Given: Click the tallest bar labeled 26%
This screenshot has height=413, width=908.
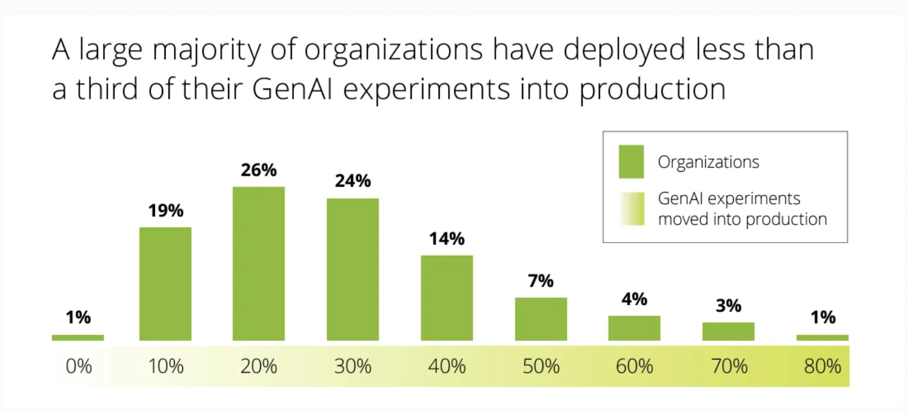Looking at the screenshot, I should click(x=259, y=264).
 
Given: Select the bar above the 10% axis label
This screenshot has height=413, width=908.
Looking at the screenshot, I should click(x=165, y=284).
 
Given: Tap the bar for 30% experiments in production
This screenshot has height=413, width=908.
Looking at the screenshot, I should click(x=353, y=269).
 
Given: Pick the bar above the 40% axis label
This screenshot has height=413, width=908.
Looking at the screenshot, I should click(x=447, y=298).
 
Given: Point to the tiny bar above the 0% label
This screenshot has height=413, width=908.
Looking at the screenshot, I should click(x=77, y=337).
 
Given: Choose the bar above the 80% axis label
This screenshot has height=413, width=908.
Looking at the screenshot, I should click(x=823, y=337).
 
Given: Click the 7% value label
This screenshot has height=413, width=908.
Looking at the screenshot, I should click(x=541, y=281).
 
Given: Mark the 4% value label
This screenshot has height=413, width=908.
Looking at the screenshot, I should click(x=635, y=299).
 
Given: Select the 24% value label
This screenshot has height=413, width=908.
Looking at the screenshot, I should click(x=353, y=181).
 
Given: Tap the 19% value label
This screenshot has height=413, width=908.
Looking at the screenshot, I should click(x=165, y=210).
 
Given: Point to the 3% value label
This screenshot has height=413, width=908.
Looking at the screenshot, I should click(x=729, y=306).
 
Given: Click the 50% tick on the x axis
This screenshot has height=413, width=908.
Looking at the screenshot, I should click(x=541, y=367).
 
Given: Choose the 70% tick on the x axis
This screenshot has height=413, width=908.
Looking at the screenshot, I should click(x=729, y=367).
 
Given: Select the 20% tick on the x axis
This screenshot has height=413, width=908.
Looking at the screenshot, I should click(x=259, y=367).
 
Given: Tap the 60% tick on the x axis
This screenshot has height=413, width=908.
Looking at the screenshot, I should click(x=635, y=367).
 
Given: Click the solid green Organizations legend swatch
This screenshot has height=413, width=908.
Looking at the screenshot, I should click(x=631, y=162).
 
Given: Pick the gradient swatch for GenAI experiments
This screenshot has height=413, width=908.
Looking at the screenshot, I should click(x=631, y=208).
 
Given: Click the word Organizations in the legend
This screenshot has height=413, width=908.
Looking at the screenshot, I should click(x=708, y=162).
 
